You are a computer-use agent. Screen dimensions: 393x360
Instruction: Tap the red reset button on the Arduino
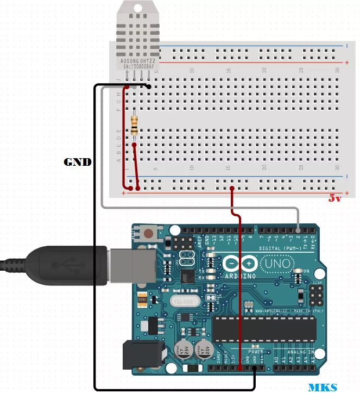coord(148,234)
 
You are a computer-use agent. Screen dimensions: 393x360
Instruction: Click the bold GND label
coord(78,162)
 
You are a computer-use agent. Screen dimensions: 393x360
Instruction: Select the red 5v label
coord(335,198)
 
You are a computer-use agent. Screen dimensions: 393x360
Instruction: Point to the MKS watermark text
coord(323,388)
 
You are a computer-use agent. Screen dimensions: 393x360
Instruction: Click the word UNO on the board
coord(277,264)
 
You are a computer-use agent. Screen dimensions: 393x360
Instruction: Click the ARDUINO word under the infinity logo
coord(240,277)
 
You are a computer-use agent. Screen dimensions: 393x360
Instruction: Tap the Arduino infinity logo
coord(240,264)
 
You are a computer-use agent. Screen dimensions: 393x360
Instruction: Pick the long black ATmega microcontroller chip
coord(264,327)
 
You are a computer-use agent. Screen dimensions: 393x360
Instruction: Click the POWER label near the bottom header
coord(256,351)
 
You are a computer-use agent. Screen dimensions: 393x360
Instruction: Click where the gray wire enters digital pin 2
coord(298,227)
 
